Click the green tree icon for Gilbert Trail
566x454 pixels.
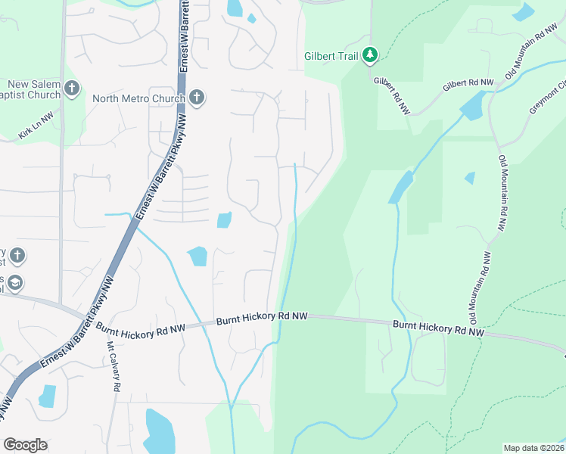coord(370,55)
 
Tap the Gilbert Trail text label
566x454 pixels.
coord(331,56)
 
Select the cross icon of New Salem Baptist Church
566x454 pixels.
coord(72,89)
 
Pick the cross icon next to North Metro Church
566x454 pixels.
coord(197,98)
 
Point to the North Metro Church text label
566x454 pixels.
coord(138,98)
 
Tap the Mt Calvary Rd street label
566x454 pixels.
coord(114,366)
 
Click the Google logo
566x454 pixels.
coord(25,445)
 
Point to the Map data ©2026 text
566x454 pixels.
coord(533,448)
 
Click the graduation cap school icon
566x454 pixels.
coord(15,283)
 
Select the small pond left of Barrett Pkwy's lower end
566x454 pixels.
coord(47,396)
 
